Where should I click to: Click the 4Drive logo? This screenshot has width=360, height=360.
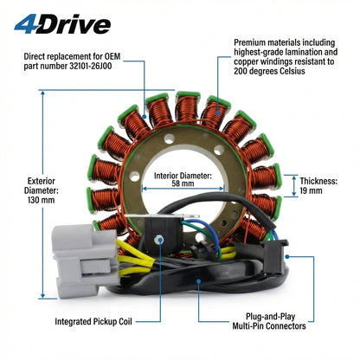point(62,24)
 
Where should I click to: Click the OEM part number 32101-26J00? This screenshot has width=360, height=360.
point(90,66)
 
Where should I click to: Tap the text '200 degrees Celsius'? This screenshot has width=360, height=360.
point(269,71)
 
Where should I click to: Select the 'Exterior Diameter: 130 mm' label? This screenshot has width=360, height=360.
point(42,190)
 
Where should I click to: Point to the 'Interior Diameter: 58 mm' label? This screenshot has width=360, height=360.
point(183,179)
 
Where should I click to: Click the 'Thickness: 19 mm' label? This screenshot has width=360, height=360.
point(318,186)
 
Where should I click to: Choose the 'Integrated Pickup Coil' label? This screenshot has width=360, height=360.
point(93,321)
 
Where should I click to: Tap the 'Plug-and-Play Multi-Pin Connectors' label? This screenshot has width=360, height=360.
point(269,321)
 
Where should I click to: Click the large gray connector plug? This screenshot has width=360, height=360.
point(85,260)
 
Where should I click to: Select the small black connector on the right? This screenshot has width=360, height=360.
point(274,256)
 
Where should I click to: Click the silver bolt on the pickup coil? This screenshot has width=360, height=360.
point(158,239)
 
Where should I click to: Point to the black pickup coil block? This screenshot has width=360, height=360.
point(163,234)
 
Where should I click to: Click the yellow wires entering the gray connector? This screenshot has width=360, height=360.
point(135,258)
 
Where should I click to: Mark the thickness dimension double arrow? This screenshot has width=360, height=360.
point(294,186)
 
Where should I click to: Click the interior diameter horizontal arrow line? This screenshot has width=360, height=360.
point(183,189)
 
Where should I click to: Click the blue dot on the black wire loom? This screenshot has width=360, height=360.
point(198,280)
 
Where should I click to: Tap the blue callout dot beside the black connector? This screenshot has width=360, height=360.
point(287,256)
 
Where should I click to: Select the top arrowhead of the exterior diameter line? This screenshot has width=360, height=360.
point(42,93)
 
